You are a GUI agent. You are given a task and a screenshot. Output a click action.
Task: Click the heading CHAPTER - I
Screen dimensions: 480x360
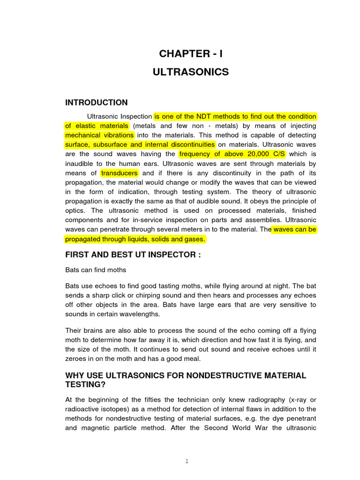[x=191, y=54]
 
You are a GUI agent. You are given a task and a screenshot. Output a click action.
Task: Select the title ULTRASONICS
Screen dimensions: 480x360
[x=191, y=72]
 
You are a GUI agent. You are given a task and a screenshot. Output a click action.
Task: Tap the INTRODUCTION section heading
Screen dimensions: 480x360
[x=96, y=102]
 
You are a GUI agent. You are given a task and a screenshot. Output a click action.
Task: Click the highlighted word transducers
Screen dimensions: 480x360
[x=120, y=173]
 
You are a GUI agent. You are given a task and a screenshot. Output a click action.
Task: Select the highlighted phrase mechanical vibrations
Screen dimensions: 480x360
[x=99, y=135]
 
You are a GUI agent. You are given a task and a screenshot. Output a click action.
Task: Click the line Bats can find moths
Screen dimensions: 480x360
[x=96, y=270]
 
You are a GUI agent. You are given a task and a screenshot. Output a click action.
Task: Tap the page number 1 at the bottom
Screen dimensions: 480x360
[x=186, y=461]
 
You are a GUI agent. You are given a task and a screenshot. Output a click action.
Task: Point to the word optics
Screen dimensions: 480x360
[x=76, y=210]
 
